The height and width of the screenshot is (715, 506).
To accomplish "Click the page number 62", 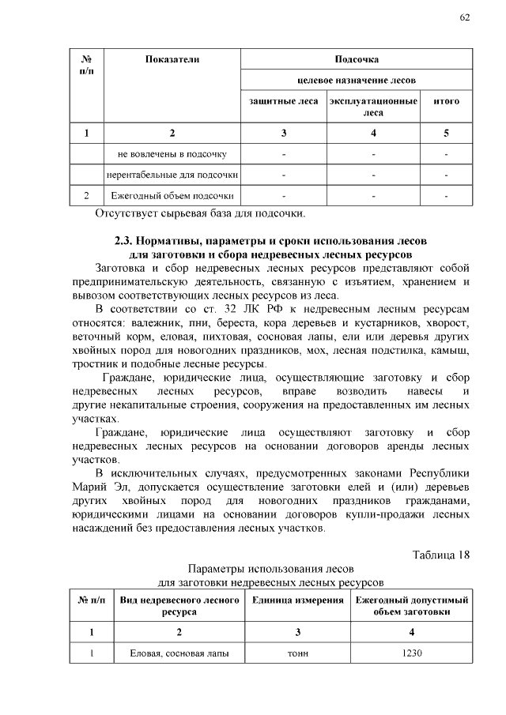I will pos(464,19).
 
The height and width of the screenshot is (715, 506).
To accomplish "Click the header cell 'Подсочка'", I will pos(357,59).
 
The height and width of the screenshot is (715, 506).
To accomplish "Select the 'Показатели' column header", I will pos(172,59).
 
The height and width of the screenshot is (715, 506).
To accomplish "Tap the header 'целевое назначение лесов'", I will pos(357,81).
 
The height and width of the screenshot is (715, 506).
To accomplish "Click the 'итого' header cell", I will pos(447,102).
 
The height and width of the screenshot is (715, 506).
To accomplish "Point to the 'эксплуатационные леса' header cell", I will pos(373,107).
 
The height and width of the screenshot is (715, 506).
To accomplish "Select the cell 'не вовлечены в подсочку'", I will pos(172,153).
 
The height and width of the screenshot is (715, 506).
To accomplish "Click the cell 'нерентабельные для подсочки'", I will pos(172,174).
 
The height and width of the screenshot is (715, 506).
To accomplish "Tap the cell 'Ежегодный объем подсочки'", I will pos(172,194).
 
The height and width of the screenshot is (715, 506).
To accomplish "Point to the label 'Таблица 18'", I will pos(441,554).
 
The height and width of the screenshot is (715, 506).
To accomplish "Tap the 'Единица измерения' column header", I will pos(298,601).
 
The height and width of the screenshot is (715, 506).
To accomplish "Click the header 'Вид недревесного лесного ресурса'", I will pos(179,607).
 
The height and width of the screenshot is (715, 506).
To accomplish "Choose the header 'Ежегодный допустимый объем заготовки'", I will pos(413,607).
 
